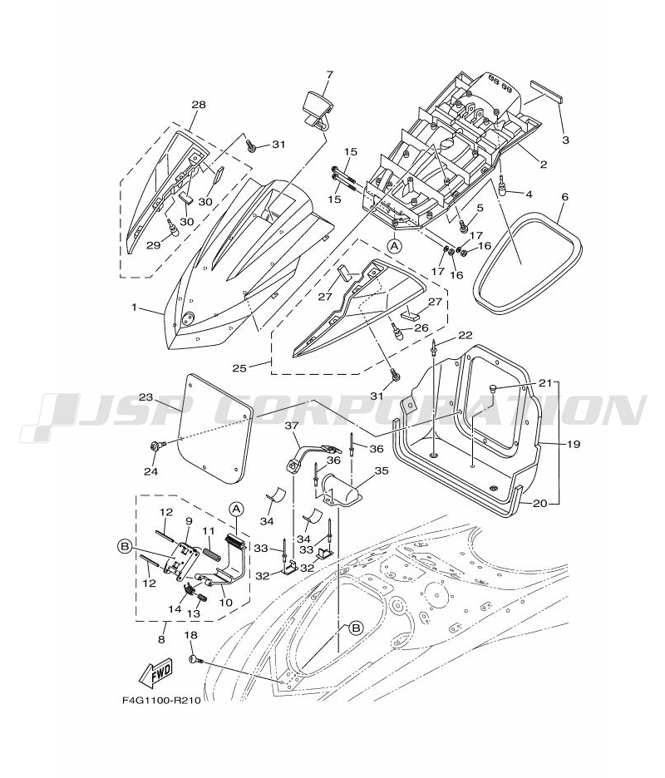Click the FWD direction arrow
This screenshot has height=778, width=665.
[157, 674]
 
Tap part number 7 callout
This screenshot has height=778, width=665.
[328, 75]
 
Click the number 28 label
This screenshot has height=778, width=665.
[198, 105]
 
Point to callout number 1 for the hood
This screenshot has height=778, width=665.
[134, 308]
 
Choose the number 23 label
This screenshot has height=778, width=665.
[145, 397]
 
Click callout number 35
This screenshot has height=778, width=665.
[382, 470]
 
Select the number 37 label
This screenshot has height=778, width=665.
[291, 425]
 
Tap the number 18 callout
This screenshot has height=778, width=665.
[190, 635]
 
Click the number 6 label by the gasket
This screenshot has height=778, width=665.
[564, 197]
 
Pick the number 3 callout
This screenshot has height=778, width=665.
[565, 140]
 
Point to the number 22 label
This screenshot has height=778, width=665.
[464, 335]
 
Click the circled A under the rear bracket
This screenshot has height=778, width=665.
[395, 246]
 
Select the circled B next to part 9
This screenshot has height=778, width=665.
[125, 545]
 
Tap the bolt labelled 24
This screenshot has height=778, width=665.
[155, 446]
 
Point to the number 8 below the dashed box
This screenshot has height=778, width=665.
[162, 638]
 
